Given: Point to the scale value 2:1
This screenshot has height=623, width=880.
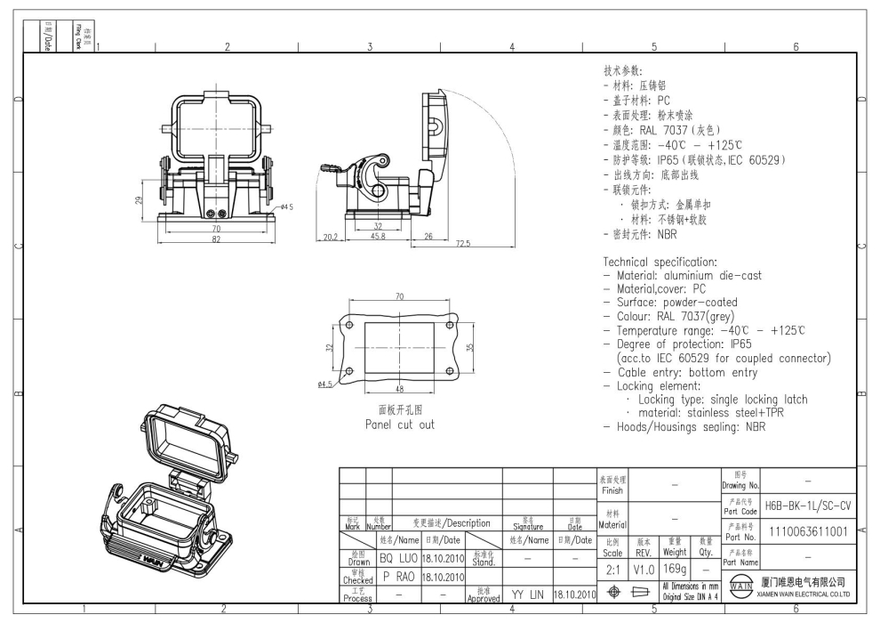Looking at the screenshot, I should click(x=613, y=567).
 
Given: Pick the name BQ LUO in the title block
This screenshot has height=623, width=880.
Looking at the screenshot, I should click(x=399, y=558).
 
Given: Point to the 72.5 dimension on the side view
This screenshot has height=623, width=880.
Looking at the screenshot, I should click(x=462, y=244).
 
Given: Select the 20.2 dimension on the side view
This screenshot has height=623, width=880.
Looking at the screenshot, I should click(x=329, y=237).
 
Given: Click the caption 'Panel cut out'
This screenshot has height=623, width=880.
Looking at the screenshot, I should click(x=400, y=425).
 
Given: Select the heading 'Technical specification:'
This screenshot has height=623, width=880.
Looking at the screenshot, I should click(x=660, y=263).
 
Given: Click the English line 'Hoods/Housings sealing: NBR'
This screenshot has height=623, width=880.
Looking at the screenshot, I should click(x=691, y=426).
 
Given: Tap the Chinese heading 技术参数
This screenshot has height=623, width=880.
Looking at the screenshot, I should click(x=623, y=71).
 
